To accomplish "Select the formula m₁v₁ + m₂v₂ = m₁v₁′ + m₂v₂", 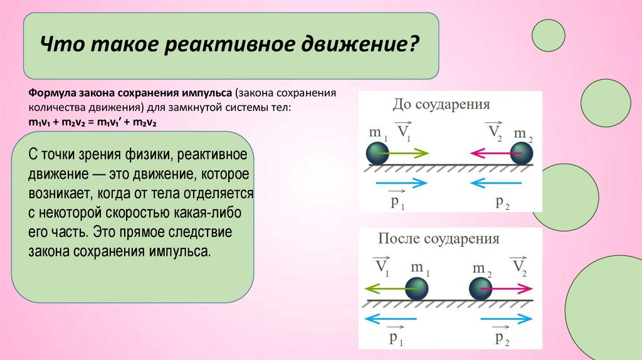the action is point(92,123).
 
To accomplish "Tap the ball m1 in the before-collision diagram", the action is point(378,153).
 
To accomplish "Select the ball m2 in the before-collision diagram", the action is point(522,153).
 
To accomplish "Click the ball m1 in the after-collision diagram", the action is point(416,288).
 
